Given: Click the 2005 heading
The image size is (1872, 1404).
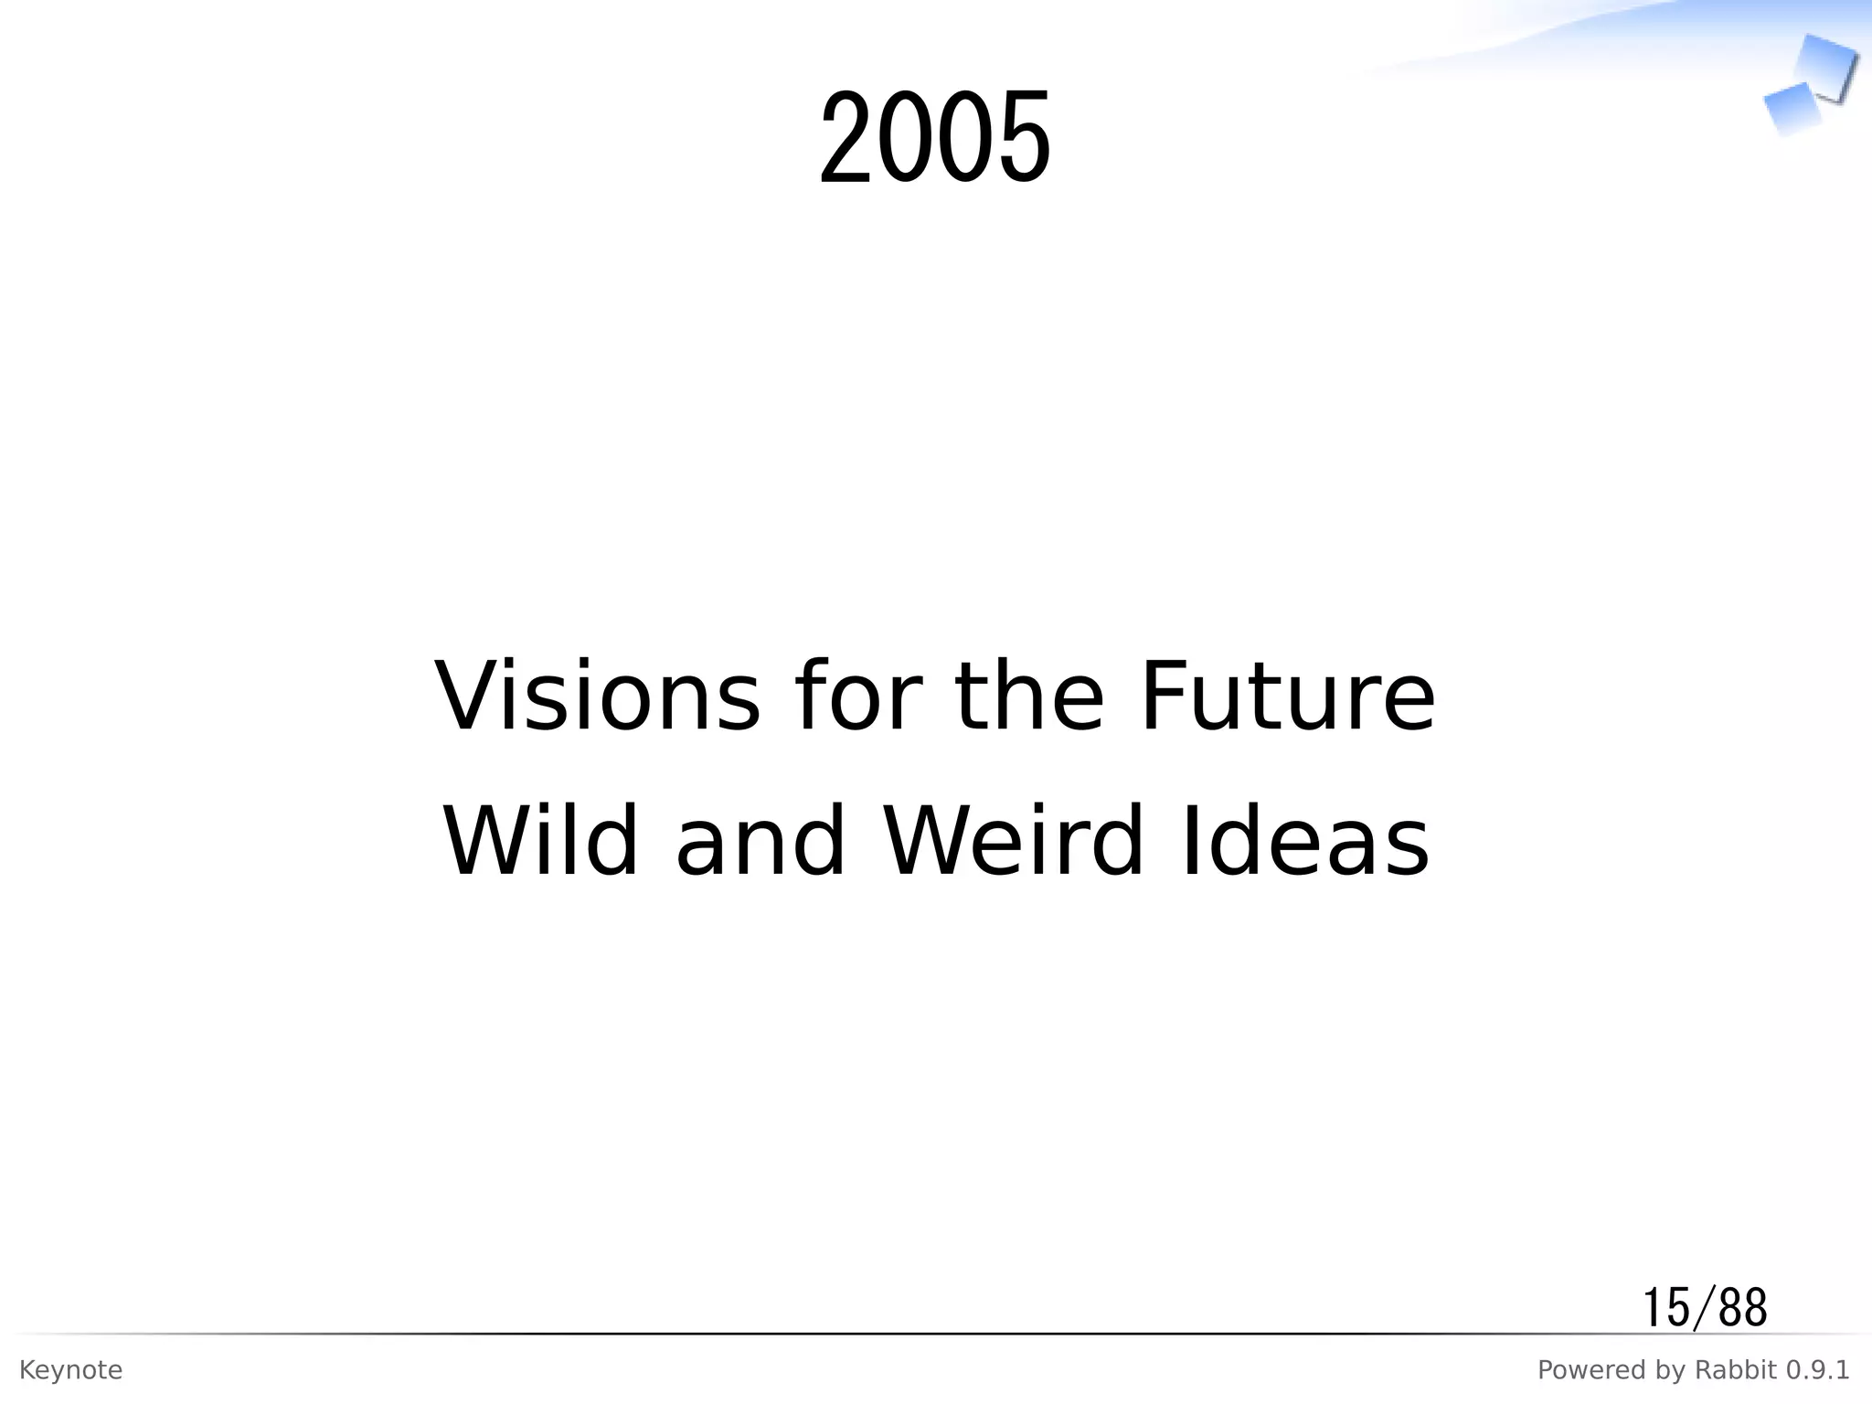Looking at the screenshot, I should [935, 137].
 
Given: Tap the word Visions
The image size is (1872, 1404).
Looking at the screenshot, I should [597, 697].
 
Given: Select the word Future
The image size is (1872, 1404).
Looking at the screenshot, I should [1287, 697].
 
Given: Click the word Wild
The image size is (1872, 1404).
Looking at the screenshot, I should [540, 842].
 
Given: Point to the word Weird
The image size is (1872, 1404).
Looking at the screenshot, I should [1013, 842].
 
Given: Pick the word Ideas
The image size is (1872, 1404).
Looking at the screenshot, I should [1305, 842].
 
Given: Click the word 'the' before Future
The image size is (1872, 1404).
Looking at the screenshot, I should [1029, 697].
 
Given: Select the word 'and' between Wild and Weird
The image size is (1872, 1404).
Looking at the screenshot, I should [760, 842].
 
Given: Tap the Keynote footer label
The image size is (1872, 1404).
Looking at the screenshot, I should [70, 1370].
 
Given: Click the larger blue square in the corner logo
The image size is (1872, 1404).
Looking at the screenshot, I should [1826, 66].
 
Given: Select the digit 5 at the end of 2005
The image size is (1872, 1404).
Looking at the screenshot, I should [1024, 137].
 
